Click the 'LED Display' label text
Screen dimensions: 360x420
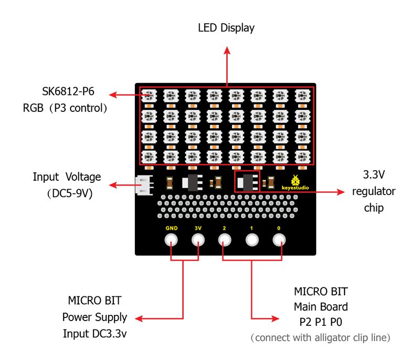[226, 28]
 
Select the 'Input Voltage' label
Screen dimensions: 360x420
[67, 177]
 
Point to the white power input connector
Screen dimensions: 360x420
[142, 185]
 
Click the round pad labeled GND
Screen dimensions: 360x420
[171, 241]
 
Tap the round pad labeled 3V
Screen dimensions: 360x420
[198, 241]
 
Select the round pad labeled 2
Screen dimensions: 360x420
[225, 241]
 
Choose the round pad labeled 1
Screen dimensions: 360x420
[252, 241]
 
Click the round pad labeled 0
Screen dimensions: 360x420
[279, 241]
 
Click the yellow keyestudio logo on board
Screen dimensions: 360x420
[296, 182]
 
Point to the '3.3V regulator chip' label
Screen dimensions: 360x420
[373, 191]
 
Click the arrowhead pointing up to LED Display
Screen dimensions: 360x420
[227, 50]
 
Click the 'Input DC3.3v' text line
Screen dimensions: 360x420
[94, 333]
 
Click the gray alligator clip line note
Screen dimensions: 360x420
[320, 337]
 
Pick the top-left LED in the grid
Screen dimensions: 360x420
[149, 96]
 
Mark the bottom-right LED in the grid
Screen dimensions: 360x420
[302, 156]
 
